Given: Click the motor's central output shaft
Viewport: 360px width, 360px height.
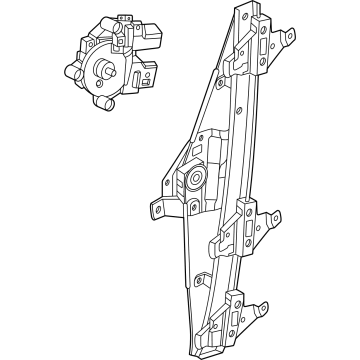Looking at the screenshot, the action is tap(104, 70).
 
